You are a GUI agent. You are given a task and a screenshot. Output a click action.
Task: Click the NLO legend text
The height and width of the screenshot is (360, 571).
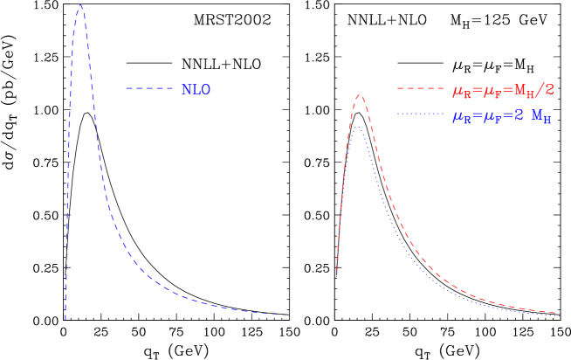point(196,89)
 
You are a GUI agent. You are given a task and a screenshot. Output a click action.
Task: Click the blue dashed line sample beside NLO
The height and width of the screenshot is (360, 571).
point(149,88)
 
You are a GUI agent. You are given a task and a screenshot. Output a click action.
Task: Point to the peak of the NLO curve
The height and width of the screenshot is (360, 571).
point(80,6)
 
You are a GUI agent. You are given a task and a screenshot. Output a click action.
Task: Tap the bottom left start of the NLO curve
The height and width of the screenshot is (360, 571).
point(65,319)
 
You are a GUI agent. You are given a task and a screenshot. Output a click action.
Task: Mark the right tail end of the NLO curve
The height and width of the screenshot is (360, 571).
point(285,315)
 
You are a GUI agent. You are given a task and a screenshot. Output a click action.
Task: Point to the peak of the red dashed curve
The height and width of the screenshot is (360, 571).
point(359,95)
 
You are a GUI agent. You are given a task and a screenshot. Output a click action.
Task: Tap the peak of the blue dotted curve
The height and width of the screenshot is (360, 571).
point(356,128)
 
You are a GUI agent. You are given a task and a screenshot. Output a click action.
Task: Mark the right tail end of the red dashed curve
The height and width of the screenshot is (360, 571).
point(561,313)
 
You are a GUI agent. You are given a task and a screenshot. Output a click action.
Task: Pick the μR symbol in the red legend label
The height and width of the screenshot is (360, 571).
point(459,90)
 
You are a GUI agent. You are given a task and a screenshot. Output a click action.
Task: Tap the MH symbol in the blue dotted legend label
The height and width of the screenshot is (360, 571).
point(541,116)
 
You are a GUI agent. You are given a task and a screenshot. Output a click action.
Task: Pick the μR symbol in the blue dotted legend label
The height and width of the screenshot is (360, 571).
point(459,116)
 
